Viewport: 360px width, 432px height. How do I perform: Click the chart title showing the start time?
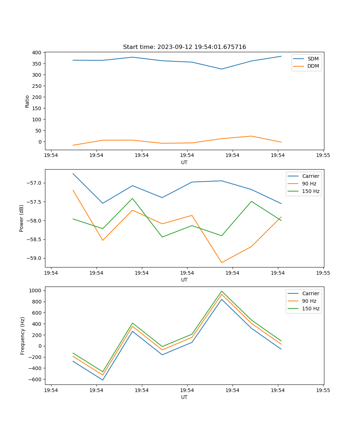[x=184, y=47]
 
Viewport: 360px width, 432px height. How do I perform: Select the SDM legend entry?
[x=313, y=59]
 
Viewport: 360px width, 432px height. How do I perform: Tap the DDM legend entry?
[x=313, y=66]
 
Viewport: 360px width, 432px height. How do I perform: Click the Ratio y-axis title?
[x=27, y=101]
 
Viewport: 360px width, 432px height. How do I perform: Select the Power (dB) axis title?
[x=22, y=218]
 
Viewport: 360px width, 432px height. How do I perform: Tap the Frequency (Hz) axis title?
[x=23, y=336]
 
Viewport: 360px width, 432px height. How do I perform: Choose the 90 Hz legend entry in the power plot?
[x=309, y=184]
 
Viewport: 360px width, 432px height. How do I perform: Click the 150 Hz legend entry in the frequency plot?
[x=311, y=309]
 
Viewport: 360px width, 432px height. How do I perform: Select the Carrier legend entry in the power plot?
[x=310, y=176]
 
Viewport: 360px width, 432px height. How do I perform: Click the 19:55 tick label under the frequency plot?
[x=323, y=390]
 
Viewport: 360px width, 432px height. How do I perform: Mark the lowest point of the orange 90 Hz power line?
[x=221, y=262]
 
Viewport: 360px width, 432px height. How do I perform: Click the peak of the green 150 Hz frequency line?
[x=221, y=291]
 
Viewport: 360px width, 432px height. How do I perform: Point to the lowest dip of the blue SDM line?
[x=221, y=69]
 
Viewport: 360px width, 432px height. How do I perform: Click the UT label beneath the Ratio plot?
[x=184, y=162]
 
